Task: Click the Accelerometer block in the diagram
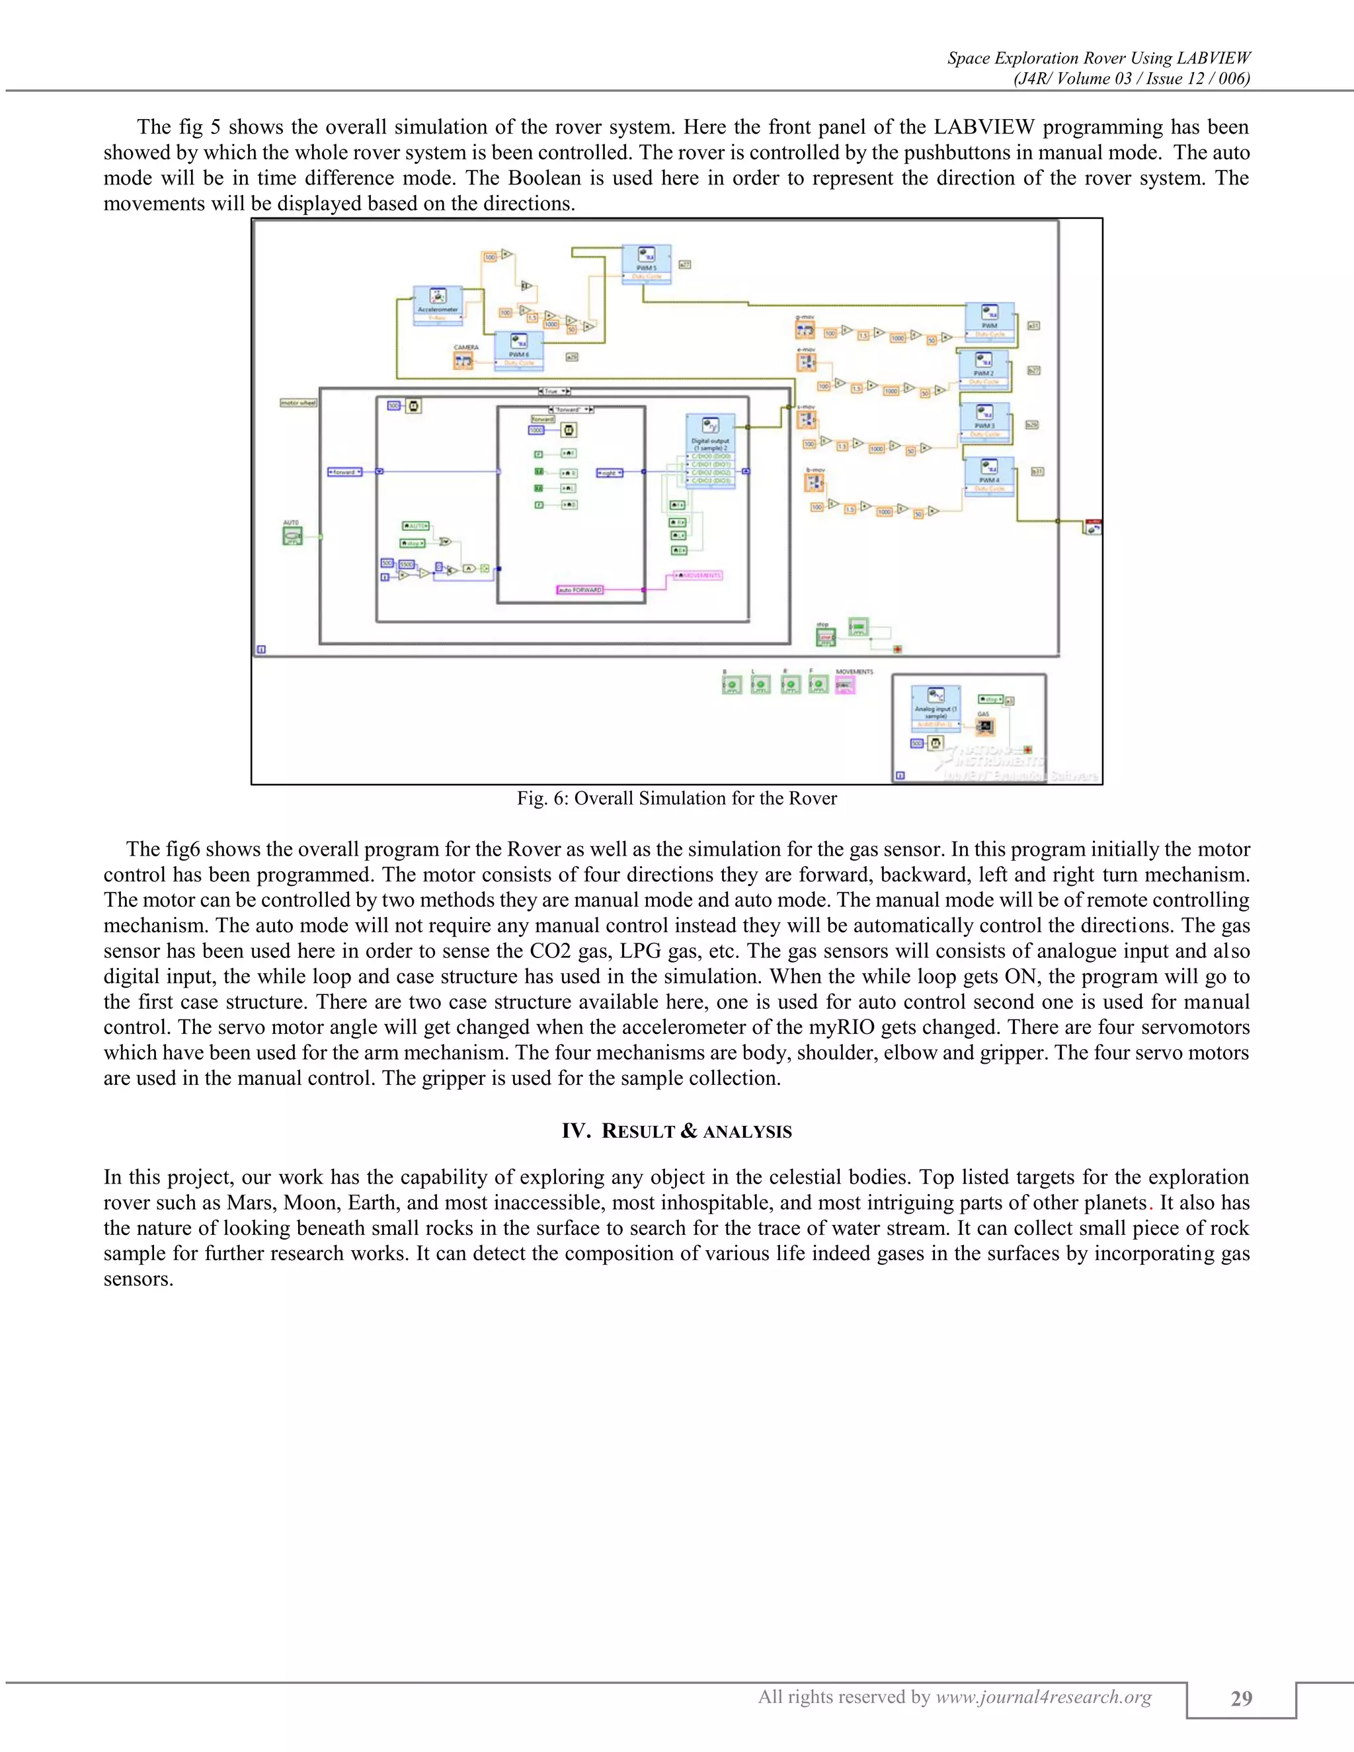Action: (438, 304)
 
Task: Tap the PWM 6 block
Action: (518, 349)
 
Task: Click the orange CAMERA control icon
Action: (463, 361)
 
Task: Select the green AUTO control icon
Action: (292, 535)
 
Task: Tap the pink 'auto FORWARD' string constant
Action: (580, 590)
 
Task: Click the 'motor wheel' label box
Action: (298, 403)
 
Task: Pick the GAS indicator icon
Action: (985, 727)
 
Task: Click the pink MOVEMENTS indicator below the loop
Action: (845, 685)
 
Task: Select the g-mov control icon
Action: (805, 331)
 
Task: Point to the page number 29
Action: (1241, 1698)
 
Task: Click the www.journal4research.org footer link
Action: (1043, 1697)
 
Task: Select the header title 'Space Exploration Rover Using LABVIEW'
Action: (1098, 58)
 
